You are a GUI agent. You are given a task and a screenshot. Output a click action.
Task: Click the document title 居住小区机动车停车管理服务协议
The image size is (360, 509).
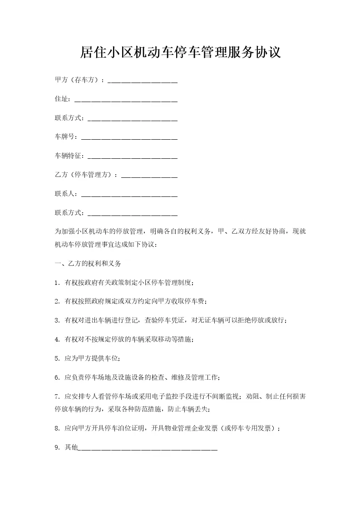[180, 53]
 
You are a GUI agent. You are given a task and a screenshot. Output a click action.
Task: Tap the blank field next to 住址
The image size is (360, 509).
[125, 100]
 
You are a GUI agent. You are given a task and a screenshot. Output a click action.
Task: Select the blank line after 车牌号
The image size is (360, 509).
[128, 137]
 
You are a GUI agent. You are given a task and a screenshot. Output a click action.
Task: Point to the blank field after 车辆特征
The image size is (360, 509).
[132, 157]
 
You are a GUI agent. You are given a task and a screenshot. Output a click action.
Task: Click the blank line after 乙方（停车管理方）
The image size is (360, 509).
[149, 176]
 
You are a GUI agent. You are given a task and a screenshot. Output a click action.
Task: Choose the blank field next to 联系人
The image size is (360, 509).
[128, 195]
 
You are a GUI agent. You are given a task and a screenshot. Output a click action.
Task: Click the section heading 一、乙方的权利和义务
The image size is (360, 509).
[88, 263]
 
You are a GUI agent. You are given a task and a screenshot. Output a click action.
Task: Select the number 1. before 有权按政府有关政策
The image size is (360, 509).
[57, 283]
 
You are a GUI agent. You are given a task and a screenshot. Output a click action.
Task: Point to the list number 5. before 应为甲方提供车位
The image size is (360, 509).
[57, 359]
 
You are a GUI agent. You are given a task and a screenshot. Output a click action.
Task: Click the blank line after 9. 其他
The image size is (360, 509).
[148, 448]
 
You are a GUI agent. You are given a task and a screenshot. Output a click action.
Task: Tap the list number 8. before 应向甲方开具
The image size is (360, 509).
[57, 428]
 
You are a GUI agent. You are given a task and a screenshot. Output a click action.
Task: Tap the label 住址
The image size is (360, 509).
[62, 99]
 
